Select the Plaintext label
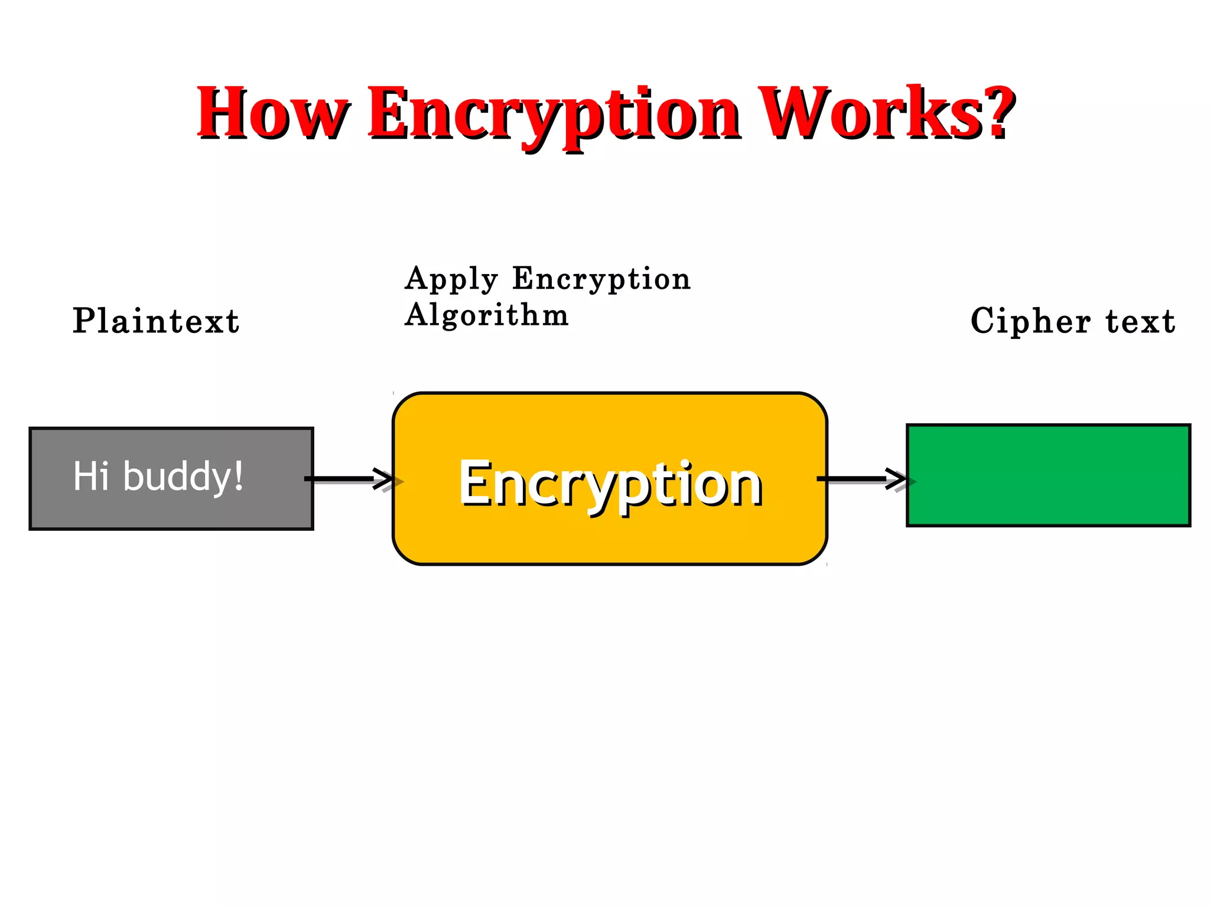tap(156, 322)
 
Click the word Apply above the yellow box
tap(451, 279)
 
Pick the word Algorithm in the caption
tap(486, 315)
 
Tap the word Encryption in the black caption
tap(601, 279)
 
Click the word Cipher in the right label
tap(1030, 322)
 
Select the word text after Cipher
tap(1140, 322)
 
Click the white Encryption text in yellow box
tap(610, 484)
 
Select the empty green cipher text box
tap(1048, 475)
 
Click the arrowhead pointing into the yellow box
tap(385, 478)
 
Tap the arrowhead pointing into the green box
tap(897, 478)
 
